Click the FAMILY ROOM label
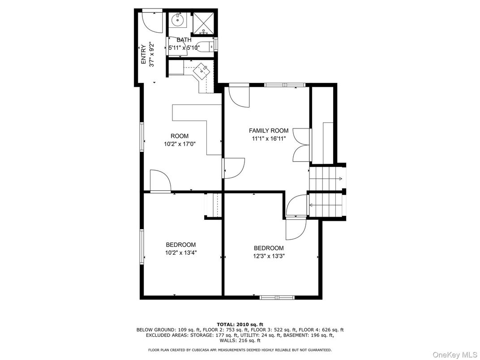pyautogui.click(x=269, y=131)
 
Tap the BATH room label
pyautogui.click(x=184, y=40)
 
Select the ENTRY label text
pyautogui.click(x=143, y=55)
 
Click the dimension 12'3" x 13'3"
pyautogui.click(x=269, y=256)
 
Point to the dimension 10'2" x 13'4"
pyautogui.click(x=181, y=253)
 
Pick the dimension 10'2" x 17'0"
pyautogui.click(x=180, y=144)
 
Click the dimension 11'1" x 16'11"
pyautogui.click(x=269, y=139)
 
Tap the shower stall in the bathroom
pyautogui.click(x=204, y=24)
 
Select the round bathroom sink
pyautogui.click(x=178, y=20)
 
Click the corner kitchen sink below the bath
pyautogui.click(x=202, y=71)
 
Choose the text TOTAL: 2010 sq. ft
pyautogui.click(x=240, y=324)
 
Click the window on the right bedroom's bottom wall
pyautogui.click(x=277, y=297)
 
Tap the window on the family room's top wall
pyautogui.click(x=284, y=85)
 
